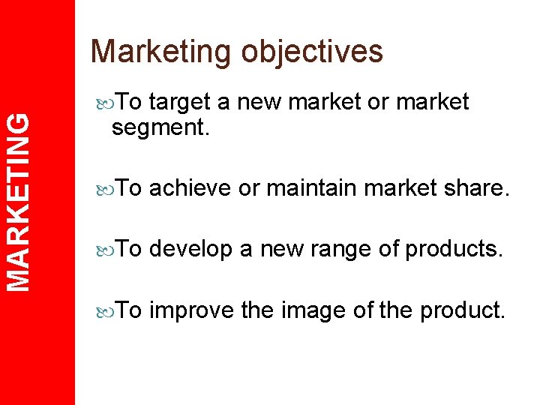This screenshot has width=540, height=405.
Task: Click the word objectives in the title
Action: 312,52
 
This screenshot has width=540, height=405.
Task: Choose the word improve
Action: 192,310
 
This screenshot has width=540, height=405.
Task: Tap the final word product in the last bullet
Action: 461,310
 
